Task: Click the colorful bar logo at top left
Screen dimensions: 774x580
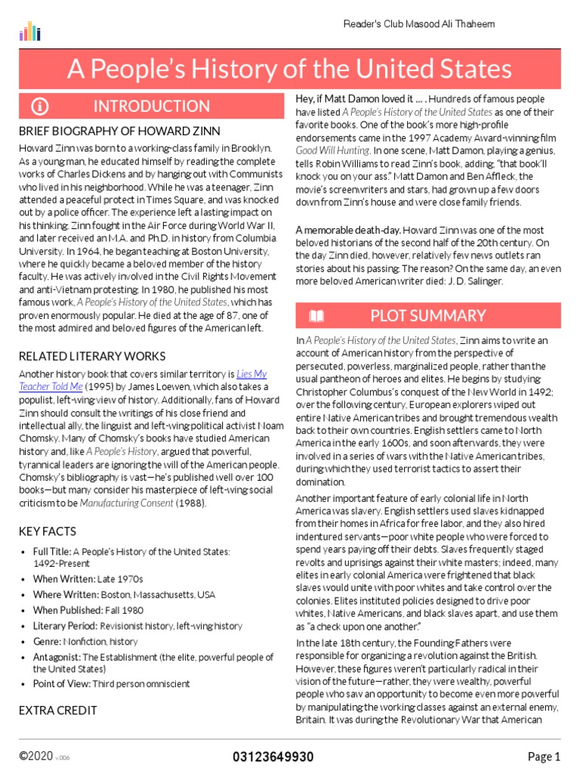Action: [29, 31]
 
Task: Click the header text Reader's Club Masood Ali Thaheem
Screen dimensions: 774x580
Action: [419, 24]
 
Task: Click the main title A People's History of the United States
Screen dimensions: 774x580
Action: [289, 70]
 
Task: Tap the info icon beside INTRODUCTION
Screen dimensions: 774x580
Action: [39, 106]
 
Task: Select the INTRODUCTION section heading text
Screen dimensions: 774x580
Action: [151, 106]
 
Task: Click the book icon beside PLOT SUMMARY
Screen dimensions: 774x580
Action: [317, 315]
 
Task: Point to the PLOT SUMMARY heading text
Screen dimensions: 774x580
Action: [427, 315]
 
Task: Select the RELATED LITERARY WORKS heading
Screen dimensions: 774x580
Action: [92, 356]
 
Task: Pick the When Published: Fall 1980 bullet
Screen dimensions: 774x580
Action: [88, 610]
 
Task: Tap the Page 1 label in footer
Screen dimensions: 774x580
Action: [544, 757]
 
